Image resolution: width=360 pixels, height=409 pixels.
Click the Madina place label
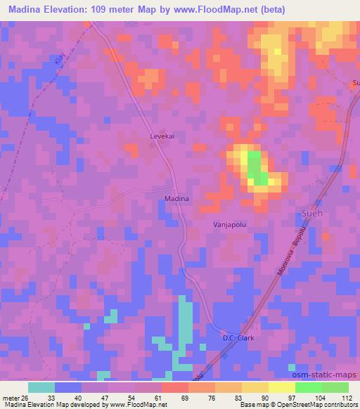pyautogui.click(x=176, y=199)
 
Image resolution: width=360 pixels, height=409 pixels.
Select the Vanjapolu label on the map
pyautogui.click(x=229, y=223)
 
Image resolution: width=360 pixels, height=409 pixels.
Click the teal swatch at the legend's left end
pyautogui.click(x=41, y=387)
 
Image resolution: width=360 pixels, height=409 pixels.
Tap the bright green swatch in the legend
pyautogui.click(x=309, y=387)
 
